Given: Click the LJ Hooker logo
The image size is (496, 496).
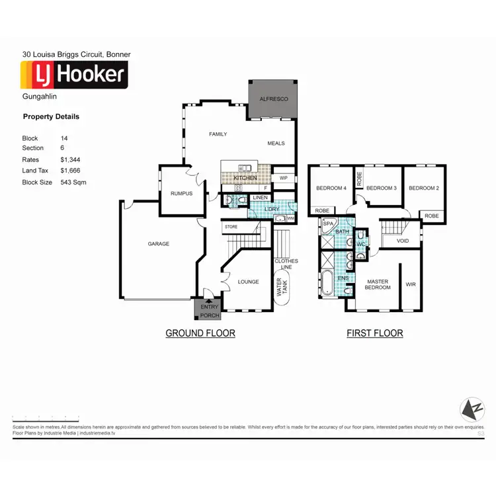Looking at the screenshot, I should click(x=74, y=75).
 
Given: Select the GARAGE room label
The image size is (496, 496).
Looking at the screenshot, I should click(x=158, y=244).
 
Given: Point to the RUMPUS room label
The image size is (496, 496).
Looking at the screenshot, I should click(x=181, y=194).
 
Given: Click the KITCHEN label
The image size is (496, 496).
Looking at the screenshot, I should click(x=245, y=179).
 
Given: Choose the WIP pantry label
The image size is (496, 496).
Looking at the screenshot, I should click(x=284, y=178).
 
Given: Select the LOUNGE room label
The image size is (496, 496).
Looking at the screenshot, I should click(x=248, y=282).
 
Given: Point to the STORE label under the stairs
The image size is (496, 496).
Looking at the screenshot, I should click(x=231, y=227).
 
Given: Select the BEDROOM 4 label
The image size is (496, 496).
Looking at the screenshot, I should click(x=331, y=188).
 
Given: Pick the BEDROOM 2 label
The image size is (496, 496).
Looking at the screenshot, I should click(x=423, y=188).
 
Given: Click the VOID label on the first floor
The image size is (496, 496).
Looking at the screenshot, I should click(x=403, y=241).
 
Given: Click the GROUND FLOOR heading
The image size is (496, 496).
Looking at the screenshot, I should click(x=200, y=333).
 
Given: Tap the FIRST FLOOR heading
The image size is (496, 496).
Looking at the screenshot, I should click(x=374, y=333).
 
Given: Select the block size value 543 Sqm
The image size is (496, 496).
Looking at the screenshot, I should click(x=73, y=182).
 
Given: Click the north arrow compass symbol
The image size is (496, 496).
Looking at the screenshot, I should click(x=472, y=410).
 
